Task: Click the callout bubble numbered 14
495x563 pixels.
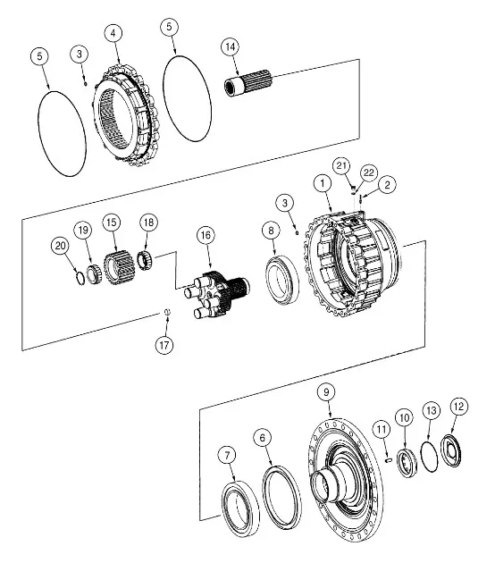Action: (231, 46)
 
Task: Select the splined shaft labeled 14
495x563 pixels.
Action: (248, 82)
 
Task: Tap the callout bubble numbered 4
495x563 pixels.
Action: (113, 33)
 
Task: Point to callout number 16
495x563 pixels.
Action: (206, 236)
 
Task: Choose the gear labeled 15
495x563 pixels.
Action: (119, 268)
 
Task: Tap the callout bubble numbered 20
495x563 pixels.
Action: (60, 247)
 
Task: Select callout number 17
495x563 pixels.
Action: (164, 346)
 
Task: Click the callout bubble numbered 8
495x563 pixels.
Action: (271, 231)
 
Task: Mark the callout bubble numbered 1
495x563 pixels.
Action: (323, 184)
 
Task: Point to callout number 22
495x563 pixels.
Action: (369, 173)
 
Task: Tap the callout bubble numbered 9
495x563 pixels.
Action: (326, 391)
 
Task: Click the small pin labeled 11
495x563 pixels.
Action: (389, 459)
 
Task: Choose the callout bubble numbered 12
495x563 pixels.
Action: (459, 407)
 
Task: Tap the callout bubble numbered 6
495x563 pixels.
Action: (263, 438)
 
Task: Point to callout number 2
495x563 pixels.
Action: (387, 185)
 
